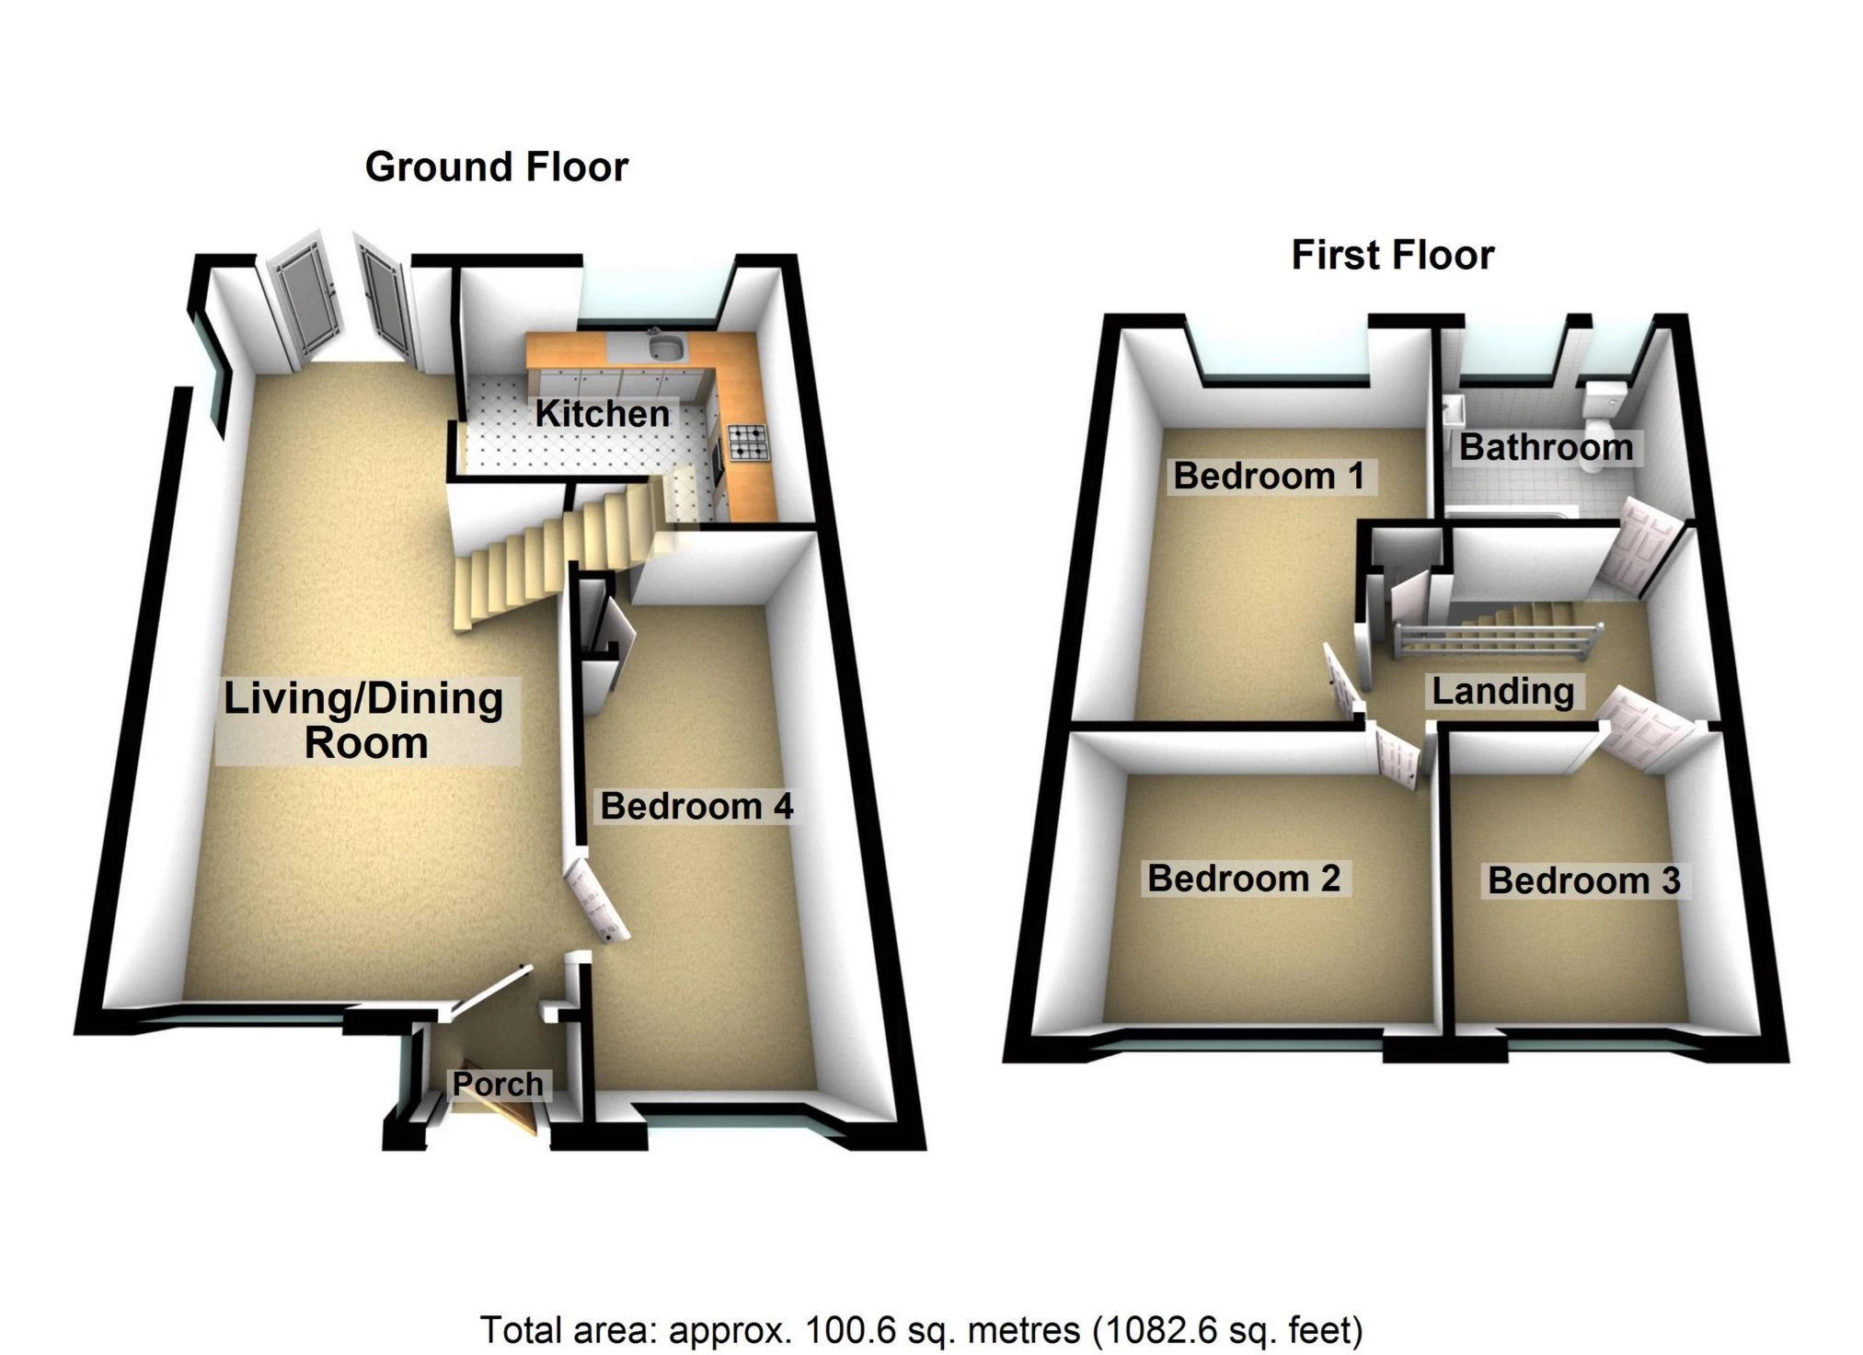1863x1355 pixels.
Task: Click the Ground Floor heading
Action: pos(497,167)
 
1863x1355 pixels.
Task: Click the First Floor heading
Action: pos(1393,255)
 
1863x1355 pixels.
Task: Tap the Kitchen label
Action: pos(603,414)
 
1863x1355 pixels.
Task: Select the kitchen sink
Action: pos(663,346)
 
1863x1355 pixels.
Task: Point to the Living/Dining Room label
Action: pos(364,721)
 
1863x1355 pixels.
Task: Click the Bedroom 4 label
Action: pos(696,807)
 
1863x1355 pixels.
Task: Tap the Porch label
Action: pos(498,1084)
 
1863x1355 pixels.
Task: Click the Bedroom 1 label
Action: pos(1269,477)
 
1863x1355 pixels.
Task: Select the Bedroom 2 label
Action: pos(1244,878)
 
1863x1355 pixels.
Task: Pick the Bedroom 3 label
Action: pos(1584,881)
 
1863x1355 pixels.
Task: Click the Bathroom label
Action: pos(1547,448)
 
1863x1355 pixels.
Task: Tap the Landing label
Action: pos(1503,692)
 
